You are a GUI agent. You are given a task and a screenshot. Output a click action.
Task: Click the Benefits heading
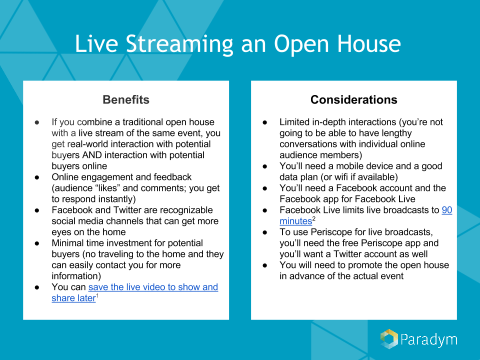(x=126, y=100)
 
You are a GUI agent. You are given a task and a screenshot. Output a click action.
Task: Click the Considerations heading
(x=354, y=100)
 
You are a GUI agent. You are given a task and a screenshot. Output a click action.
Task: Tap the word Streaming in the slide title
(x=179, y=44)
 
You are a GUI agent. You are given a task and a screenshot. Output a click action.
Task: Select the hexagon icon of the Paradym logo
(x=389, y=339)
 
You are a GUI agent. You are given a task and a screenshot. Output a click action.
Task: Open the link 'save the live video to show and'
(x=153, y=287)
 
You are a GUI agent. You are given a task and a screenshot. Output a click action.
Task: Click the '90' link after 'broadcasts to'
(x=447, y=210)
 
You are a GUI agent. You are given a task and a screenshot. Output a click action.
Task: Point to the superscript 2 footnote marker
(x=314, y=218)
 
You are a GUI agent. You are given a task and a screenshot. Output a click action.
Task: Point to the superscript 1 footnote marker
(x=97, y=295)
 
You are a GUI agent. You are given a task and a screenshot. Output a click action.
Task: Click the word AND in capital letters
(x=92, y=155)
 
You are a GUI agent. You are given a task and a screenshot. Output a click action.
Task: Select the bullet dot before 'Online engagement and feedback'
(x=37, y=177)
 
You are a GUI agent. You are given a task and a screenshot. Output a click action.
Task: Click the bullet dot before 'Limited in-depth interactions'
(x=265, y=122)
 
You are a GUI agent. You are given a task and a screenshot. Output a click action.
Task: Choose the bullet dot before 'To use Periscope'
(x=265, y=232)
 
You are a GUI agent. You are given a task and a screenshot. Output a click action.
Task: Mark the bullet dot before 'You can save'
(x=37, y=287)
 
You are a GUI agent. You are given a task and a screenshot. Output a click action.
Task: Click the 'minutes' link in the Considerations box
(x=295, y=221)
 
